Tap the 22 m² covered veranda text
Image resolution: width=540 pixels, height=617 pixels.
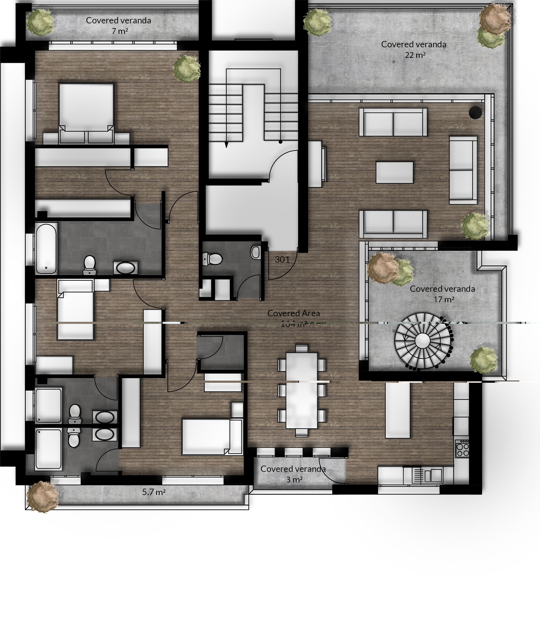point(414,49)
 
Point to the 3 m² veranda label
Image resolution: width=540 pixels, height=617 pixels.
point(293,474)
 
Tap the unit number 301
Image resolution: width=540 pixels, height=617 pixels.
point(282,259)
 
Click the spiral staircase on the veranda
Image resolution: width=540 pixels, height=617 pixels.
point(423,341)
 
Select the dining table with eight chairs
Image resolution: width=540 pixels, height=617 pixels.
point(301,390)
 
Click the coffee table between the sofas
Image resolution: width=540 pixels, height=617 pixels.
point(394,172)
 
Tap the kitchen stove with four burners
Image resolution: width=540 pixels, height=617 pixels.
point(462,449)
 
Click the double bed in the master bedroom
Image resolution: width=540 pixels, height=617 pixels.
point(86,111)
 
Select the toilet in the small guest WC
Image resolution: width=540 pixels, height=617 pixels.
point(213,259)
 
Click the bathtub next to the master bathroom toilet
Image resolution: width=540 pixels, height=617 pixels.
point(46,248)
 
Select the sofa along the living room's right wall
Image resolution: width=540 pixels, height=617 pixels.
point(463,170)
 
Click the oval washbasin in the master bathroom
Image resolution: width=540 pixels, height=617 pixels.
point(125,268)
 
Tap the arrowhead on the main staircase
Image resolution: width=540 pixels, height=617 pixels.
point(226,145)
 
